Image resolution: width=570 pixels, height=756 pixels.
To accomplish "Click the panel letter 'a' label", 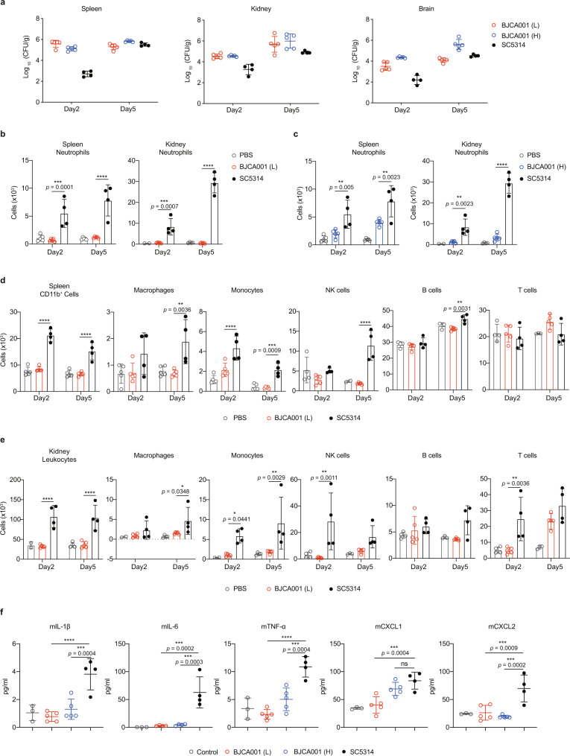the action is (x=3, y=3).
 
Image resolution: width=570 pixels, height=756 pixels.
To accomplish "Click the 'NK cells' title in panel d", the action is (x=337, y=290).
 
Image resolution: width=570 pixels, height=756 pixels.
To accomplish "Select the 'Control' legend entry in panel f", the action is (x=204, y=752).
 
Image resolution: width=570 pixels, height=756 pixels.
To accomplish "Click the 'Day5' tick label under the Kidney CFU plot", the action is (x=291, y=110).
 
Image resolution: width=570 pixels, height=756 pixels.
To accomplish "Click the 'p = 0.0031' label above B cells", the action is (x=457, y=308).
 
